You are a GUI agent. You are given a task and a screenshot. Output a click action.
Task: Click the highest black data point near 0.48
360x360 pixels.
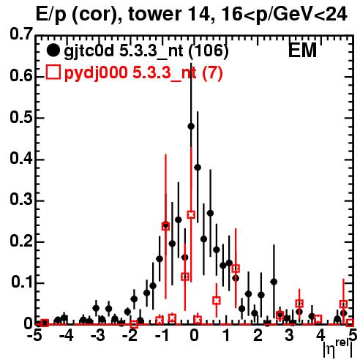(x=191, y=127)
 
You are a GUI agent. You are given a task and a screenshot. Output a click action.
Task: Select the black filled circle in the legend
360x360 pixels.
(x=53, y=50)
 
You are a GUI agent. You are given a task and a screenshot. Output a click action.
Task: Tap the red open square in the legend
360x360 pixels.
(x=53, y=72)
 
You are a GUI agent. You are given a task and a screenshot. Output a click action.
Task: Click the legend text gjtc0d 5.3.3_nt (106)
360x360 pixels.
(x=146, y=51)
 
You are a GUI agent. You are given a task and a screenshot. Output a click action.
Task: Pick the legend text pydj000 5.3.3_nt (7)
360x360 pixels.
(x=143, y=73)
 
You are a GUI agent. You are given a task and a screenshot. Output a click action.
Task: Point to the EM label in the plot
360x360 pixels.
(x=302, y=50)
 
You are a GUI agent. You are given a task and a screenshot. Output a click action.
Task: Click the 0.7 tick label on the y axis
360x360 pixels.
(x=21, y=34)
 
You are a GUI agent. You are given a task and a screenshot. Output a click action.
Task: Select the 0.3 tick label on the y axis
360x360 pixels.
(x=21, y=200)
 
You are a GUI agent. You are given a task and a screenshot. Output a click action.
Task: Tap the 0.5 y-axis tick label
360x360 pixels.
(x=21, y=117)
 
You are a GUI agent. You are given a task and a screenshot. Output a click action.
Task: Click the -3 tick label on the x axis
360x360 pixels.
(x=98, y=335)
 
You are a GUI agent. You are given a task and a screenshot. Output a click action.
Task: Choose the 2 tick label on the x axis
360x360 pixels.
(x=258, y=335)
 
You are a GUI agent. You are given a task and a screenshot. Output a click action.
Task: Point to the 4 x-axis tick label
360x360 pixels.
(x=320, y=335)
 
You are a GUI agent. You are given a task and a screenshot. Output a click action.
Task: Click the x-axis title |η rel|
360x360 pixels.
(x=338, y=348)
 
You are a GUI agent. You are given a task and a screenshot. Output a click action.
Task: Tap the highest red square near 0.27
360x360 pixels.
(x=191, y=214)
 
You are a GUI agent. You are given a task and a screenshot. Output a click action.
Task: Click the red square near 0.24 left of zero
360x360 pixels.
(x=165, y=226)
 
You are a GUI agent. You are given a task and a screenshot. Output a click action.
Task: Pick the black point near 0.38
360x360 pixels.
(x=198, y=168)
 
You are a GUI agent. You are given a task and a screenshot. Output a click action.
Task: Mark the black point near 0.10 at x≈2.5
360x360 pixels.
(x=274, y=282)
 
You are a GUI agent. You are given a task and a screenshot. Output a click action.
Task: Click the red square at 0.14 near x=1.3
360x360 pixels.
(x=236, y=269)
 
